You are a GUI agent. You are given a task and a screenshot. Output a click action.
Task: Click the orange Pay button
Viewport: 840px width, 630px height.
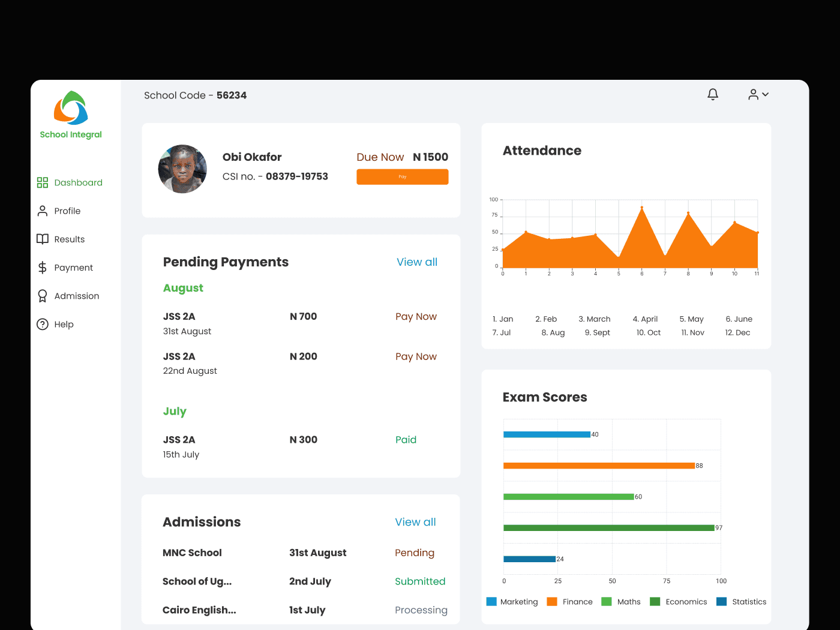point(402,177)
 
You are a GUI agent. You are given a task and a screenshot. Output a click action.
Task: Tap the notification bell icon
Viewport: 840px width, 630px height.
point(713,94)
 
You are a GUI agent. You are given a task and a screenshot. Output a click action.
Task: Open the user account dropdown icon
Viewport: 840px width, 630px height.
point(758,94)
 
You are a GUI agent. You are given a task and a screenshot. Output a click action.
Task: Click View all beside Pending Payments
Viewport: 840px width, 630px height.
point(417,262)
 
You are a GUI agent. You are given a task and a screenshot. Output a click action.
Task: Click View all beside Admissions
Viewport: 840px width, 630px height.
point(415,522)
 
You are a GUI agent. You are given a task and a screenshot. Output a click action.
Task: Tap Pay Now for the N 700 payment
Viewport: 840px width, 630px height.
point(416,317)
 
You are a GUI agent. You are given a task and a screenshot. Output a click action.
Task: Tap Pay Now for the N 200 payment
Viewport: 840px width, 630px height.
point(416,356)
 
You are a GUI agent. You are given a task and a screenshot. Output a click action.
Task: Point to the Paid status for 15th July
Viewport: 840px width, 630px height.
point(406,440)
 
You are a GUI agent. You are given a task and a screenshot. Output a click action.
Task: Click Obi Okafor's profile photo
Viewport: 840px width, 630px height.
point(182,169)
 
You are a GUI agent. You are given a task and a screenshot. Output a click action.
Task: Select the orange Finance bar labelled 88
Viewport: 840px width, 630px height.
point(599,466)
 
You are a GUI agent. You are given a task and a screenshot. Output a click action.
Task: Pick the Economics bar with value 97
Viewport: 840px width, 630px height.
point(609,528)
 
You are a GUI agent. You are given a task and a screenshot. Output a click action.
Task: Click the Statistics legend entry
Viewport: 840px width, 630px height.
point(741,602)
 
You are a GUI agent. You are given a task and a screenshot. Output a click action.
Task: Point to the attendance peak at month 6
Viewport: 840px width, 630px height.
point(642,208)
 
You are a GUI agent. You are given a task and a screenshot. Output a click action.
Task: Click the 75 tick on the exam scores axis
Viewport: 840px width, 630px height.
point(667,581)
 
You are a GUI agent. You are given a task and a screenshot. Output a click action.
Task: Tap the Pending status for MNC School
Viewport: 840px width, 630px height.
point(415,553)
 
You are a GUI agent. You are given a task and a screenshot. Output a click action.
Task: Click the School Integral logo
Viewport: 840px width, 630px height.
point(71,108)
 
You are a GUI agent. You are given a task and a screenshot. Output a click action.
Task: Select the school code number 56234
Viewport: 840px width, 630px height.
point(232,95)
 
